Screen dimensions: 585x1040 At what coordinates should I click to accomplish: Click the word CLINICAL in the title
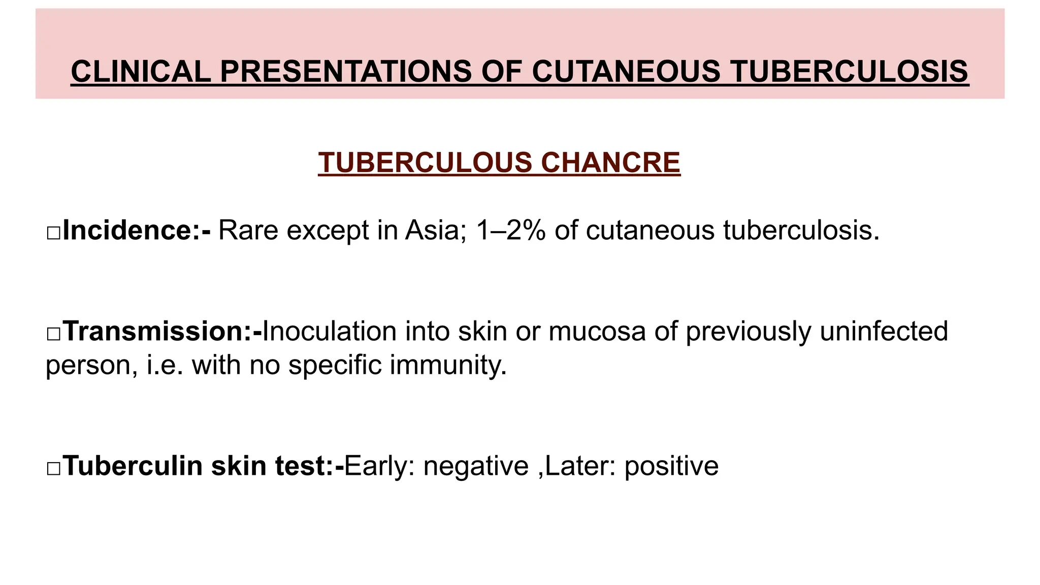click(x=141, y=71)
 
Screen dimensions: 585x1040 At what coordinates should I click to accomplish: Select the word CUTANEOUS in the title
click(x=626, y=71)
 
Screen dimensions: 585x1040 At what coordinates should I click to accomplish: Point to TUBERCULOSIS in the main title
click(x=850, y=71)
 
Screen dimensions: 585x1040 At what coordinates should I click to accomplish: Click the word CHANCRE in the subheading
click(x=610, y=162)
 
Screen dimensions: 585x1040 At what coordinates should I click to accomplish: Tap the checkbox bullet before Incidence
click(x=53, y=233)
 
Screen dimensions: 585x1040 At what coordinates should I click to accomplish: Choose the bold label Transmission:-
click(x=163, y=331)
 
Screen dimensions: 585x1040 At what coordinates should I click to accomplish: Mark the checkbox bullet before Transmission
click(x=53, y=334)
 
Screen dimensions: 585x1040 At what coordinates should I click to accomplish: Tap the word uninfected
click(x=884, y=331)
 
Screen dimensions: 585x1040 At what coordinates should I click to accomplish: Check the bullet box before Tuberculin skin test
click(x=53, y=469)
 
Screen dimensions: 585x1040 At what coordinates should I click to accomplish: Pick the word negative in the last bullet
click(x=476, y=466)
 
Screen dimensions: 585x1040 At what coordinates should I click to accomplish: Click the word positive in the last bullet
click(x=671, y=466)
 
